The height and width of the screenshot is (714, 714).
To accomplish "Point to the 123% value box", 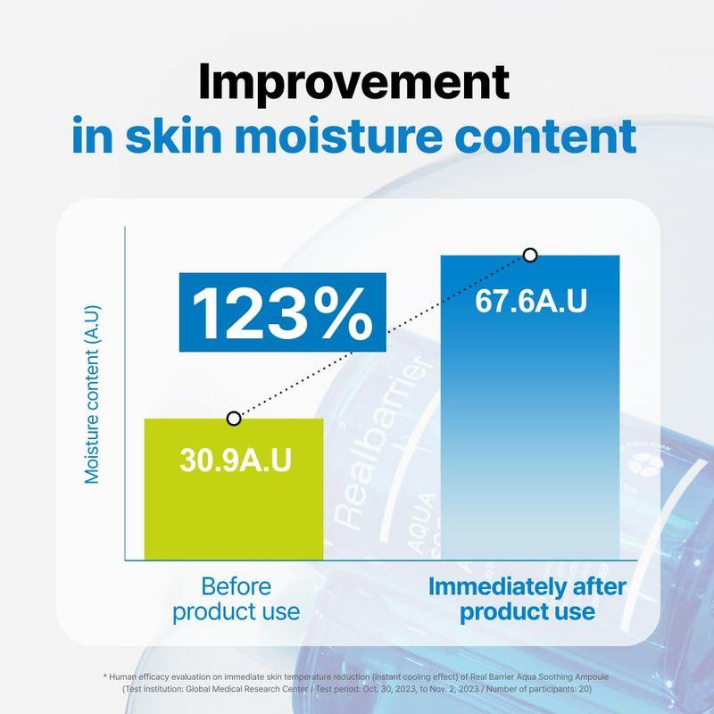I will coord(281,309).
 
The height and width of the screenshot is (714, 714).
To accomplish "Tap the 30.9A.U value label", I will coord(235,464).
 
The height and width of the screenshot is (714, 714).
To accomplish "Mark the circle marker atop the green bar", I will coord(234,418).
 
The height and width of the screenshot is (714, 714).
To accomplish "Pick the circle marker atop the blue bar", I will coord(530,255).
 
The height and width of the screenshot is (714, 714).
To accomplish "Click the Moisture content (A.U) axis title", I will coord(92,394).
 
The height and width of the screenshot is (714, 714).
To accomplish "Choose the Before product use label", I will coord(236,600).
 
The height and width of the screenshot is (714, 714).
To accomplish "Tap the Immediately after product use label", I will coord(528,600).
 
